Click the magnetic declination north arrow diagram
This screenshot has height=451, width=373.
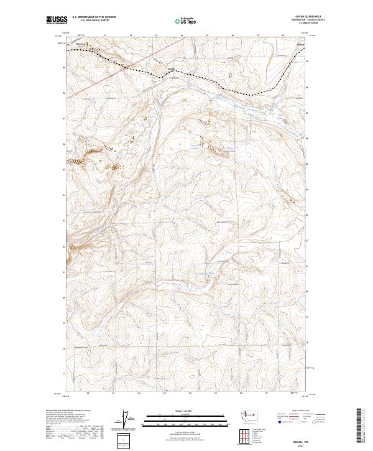131,420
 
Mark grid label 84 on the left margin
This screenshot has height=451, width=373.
65,195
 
